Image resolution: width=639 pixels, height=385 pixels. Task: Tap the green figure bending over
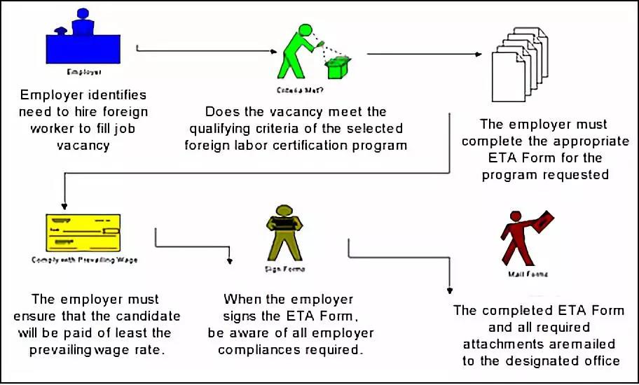tap(298, 51)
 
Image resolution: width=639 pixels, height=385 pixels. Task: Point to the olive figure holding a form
tap(284, 233)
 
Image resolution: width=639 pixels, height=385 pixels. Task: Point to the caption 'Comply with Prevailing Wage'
tap(84, 259)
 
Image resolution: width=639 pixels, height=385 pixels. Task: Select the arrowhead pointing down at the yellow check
tap(64, 205)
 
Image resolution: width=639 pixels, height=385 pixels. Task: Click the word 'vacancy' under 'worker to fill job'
tap(83, 146)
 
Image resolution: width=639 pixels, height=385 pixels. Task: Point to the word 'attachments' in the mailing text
tap(496, 344)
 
